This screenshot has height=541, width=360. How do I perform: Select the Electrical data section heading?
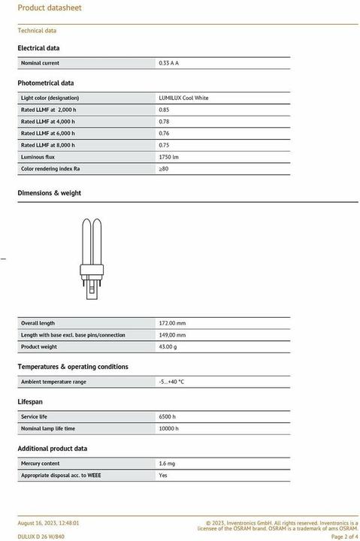tap(38, 48)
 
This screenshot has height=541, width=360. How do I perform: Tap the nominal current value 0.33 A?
tap(168, 63)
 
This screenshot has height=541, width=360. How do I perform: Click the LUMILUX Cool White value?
tap(183, 98)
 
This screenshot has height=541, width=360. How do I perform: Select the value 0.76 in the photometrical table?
tap(164, 133)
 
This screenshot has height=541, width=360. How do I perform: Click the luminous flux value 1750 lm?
tap(168, 156)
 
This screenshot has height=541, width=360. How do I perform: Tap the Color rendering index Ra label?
tap(50, 168)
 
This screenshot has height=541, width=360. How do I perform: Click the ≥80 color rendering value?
tap(163, 168)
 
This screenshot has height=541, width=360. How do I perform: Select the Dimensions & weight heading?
tap(49, 193)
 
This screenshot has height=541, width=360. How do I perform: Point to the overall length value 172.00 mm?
tap(172, 323)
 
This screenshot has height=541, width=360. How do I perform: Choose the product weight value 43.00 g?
tap(168, 346)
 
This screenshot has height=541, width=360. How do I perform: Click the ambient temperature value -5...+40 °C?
tap(171, 382)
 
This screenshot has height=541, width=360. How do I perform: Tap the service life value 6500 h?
tap(167, 416)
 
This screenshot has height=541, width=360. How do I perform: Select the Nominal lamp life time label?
tap(47, 428)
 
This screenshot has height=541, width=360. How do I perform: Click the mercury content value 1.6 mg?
tap(167, 464)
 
